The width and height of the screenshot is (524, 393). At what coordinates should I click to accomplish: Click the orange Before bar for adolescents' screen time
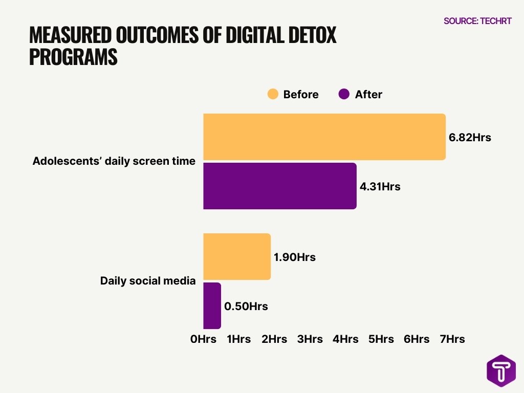[324, 137]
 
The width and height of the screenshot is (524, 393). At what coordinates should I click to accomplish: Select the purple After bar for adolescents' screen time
[279, 186]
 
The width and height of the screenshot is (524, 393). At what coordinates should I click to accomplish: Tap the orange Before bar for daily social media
[237, 256]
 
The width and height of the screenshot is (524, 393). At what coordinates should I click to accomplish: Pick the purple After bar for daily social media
[212, 305]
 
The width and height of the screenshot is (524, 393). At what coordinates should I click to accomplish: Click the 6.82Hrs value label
[470, 137]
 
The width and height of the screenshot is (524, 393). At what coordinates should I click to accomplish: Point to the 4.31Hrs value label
[380, 187]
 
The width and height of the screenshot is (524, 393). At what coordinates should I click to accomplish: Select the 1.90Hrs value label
[295, 257]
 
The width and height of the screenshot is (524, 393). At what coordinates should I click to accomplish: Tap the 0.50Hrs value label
[246, 307]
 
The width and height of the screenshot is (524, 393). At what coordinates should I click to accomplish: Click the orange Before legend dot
[273, 94]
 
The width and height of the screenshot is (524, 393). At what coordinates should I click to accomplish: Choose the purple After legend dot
[344, 94]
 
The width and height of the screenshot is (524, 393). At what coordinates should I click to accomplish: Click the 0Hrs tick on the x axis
[203, 339]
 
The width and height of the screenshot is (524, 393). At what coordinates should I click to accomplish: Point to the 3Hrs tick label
[310, 339]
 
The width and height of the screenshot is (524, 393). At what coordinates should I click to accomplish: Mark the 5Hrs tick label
[381, 339]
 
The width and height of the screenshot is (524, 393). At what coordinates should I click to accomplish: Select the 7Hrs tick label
[452, 339]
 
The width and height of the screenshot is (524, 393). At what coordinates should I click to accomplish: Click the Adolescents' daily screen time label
[114, 161]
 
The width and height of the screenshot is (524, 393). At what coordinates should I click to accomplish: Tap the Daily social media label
[148, 280]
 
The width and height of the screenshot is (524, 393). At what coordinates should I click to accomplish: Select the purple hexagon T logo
[500, 371]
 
